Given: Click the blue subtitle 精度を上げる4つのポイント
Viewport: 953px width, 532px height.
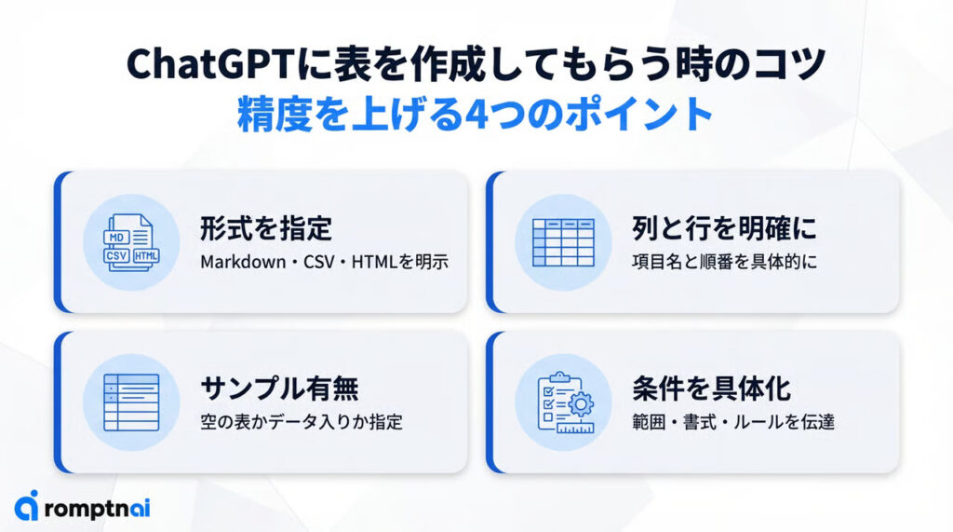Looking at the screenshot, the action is coord(476,114).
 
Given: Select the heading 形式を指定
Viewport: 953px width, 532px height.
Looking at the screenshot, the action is coord(266,228).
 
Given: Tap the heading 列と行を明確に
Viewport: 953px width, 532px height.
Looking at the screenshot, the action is coord(724,228).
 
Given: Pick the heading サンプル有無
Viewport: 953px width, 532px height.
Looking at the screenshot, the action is coord(279,389).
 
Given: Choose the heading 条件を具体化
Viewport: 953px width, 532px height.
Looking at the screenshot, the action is coord(711,389).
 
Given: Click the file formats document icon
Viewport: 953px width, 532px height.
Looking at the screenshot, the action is coord(131,242).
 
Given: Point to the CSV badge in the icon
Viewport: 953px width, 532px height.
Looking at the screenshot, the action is coord(116,255).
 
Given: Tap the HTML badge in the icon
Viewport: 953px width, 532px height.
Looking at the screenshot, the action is coord(146,255).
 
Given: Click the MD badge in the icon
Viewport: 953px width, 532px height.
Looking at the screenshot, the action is coord(116,238).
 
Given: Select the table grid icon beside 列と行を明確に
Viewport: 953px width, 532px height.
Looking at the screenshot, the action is coord(563,242).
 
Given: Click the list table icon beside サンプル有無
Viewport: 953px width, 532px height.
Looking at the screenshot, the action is coord(131,402).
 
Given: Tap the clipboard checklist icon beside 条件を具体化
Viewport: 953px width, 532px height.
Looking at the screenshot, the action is coord(566,402).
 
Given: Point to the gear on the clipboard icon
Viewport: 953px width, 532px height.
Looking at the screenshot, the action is coord(582,403).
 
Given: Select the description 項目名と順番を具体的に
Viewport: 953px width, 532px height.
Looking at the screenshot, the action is coord(724,262).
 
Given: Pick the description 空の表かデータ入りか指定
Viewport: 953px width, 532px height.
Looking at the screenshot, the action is coord(302,422).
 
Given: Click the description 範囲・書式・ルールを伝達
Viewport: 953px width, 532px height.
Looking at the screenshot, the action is coord(733,422).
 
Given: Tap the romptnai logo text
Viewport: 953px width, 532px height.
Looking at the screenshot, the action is coord(97,509).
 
